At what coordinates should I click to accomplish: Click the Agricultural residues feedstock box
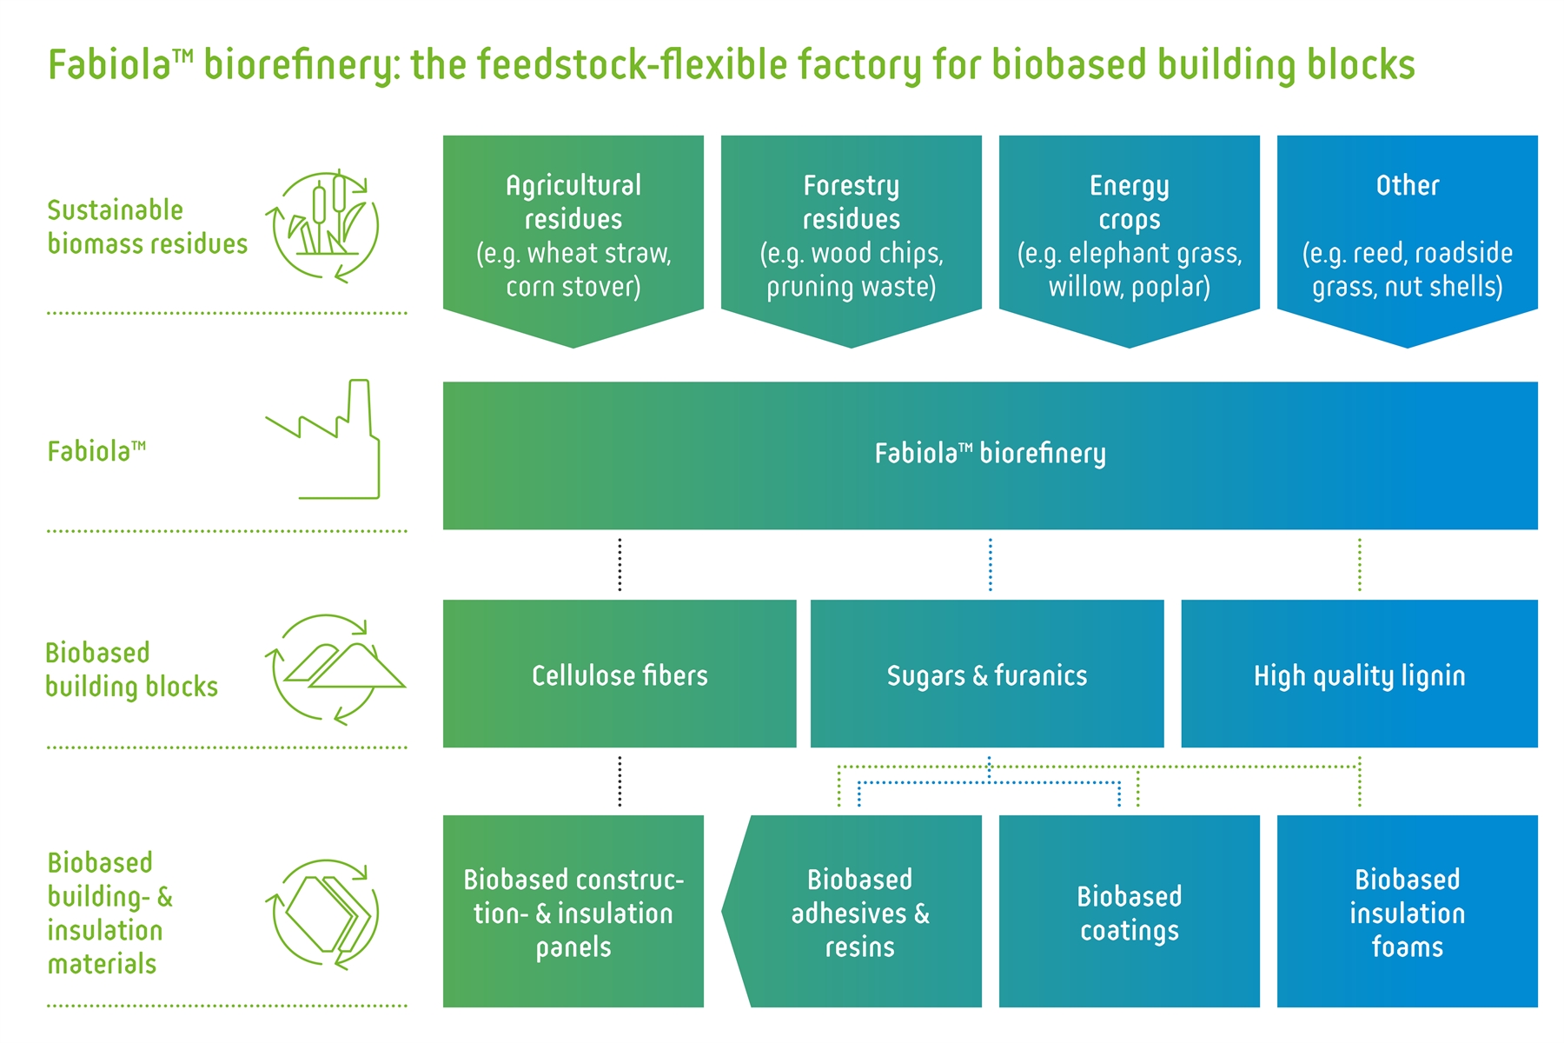coord(573,235)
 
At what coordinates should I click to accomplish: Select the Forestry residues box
coord(852,235)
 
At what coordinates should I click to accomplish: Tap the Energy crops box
coord(1130,235)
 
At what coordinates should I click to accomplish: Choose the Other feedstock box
coord(1408,235)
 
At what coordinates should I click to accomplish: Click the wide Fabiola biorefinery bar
coord(991,455)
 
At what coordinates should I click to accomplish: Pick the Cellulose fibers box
coord(620,674)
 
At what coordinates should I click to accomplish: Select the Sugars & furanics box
coord(987,674)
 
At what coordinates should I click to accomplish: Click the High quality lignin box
coord(1360,674)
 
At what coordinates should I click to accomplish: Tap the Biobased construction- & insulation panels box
coord(573,911)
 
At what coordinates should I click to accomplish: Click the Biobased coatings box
coord(1130,911)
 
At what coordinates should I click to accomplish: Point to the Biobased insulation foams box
coord(1408,911)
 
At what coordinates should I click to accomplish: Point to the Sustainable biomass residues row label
coord(148,227)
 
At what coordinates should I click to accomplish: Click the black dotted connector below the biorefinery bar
coord(620,565)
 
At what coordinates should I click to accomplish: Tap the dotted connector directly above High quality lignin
coord(1360,565)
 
